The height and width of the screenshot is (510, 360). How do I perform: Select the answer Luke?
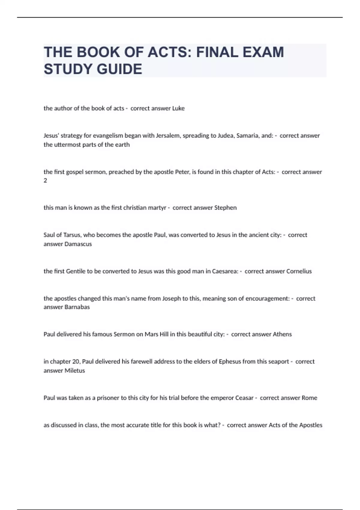[x=178, y=108]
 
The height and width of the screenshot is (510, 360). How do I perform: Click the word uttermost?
[x=68, y=145]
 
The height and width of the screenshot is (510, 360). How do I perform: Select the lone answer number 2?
[x=45, y=181]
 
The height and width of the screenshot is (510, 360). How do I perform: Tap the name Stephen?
[x=225, y=208]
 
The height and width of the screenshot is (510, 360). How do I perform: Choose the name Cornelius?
[x=299, y=271]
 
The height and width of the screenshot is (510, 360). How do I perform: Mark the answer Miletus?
[x=75, y=370]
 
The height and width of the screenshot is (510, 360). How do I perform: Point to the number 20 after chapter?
[x=76, y=361]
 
